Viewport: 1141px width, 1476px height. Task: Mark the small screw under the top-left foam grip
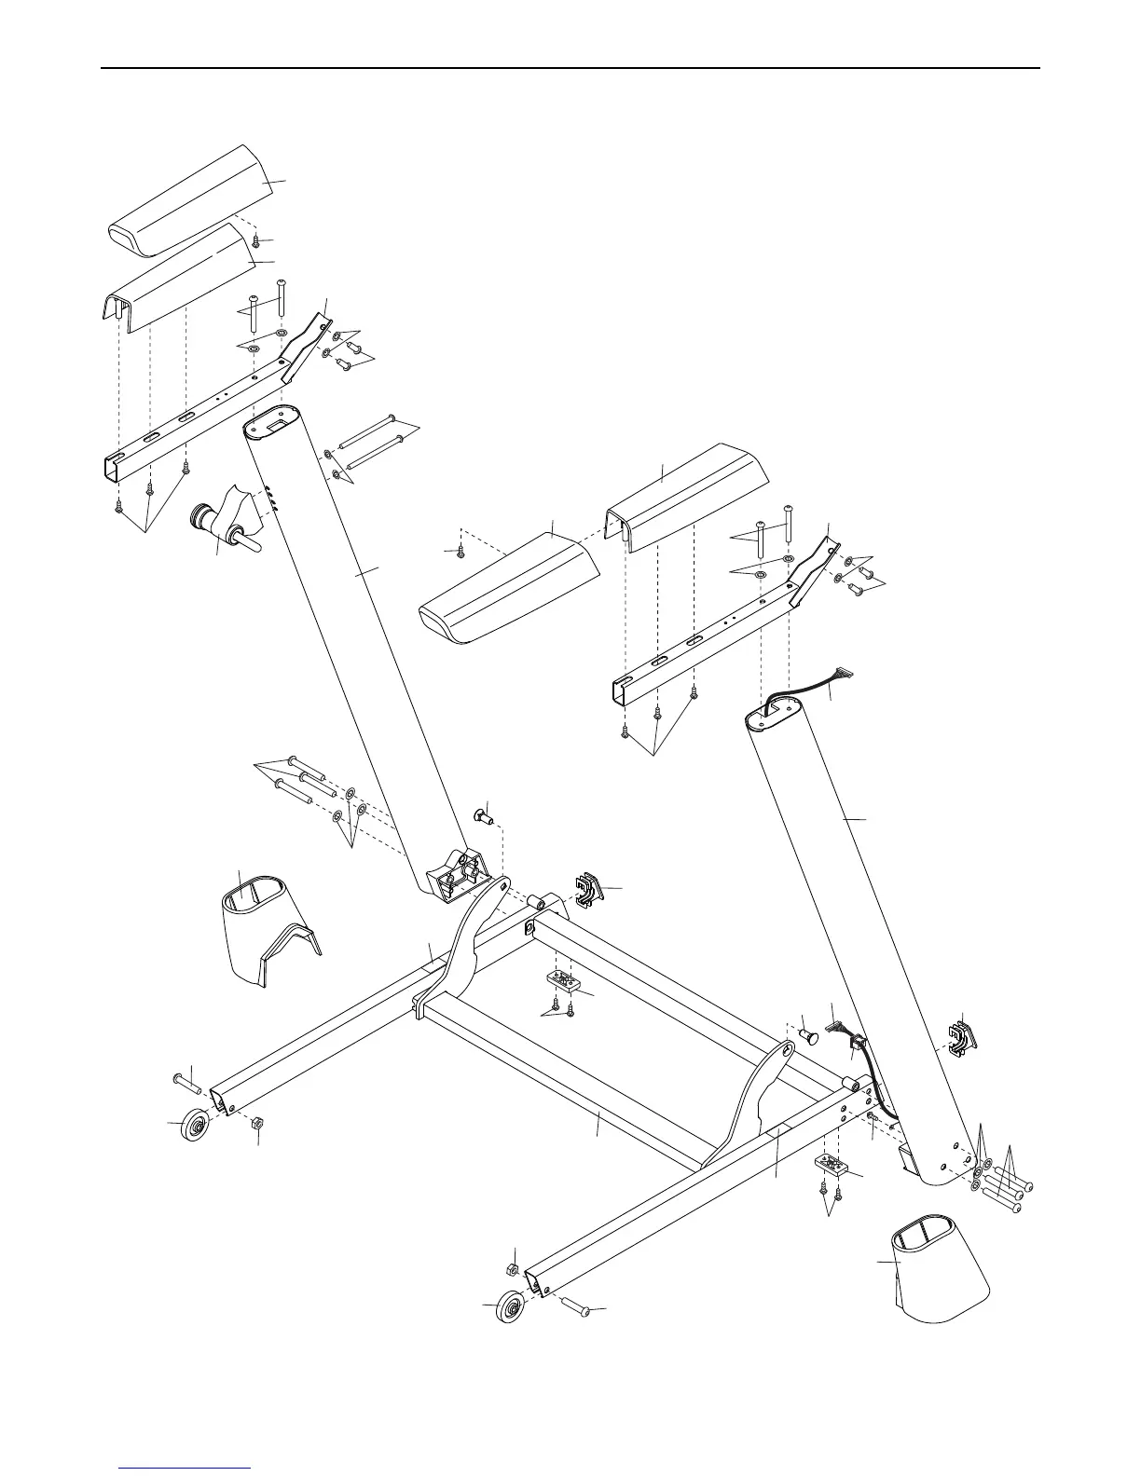pyautogui.click(x=256, y=242)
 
